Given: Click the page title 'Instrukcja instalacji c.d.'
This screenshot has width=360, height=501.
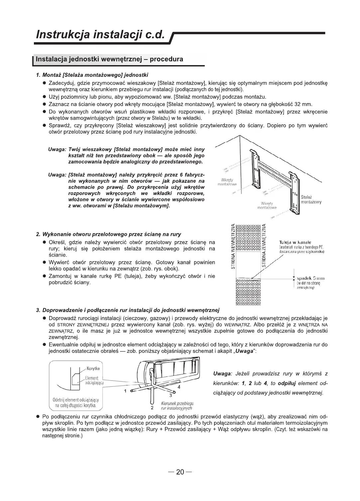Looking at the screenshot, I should point(100,35).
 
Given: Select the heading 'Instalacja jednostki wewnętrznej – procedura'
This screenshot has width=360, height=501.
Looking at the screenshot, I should point(109,59).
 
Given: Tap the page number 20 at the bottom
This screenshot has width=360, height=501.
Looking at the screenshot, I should point(180,472).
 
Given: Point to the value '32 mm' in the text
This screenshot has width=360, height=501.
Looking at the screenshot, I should point(304,104).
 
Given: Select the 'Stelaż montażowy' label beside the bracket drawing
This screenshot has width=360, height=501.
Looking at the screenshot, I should point(311,200).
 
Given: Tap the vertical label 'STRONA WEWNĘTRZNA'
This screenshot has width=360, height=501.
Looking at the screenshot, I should point(233,246).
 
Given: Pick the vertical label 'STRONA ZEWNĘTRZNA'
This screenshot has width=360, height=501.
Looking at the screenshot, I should point(264,246).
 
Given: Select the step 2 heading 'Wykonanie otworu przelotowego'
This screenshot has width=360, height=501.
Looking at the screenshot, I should point(109,235).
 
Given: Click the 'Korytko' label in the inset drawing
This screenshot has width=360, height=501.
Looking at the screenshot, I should point(94,368).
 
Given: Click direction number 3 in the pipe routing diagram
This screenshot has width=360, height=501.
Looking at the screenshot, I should point(170,395).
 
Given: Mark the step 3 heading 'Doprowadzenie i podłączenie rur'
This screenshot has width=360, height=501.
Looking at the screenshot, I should point(128,310).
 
